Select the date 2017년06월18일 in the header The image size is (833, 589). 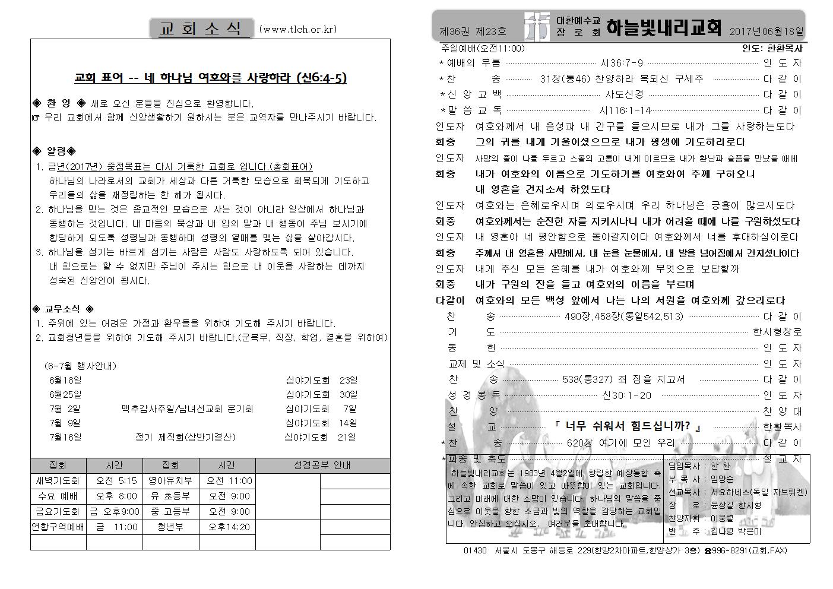pos(767,31)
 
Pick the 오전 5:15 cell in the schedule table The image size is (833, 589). pos(113,481)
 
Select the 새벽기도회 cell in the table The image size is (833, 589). pos(58,481)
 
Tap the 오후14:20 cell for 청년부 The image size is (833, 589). pos(229,527)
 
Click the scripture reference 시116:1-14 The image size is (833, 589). pos(625,110)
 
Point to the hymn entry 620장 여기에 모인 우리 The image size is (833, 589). pos(620,443)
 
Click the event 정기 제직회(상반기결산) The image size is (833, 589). pos(185,438)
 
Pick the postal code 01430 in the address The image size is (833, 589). pos(475,551)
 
